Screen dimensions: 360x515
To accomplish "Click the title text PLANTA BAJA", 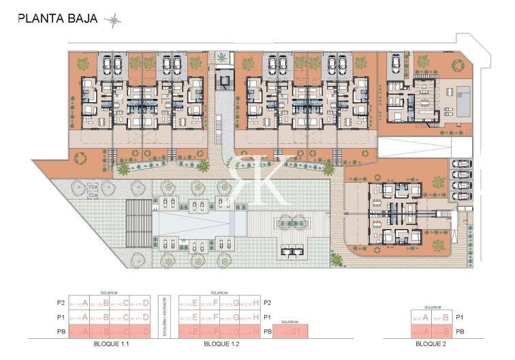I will tap(59, 19).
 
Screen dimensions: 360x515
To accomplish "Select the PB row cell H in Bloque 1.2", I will tap(251, 332).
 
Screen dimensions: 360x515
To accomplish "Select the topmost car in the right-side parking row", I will tap(461, 164).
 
